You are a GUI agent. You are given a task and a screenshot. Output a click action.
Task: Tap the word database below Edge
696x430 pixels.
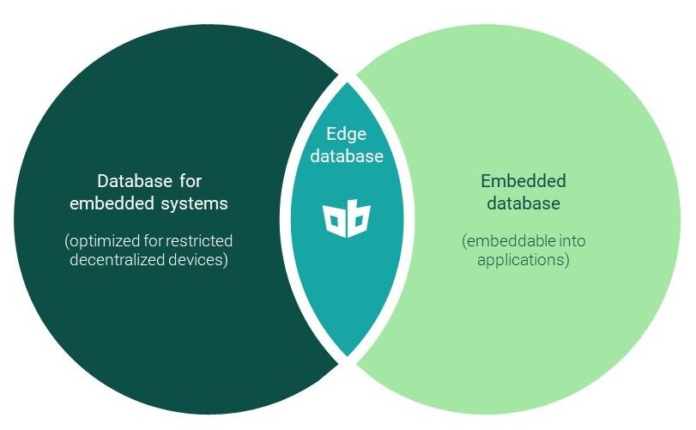[x=346, y=156]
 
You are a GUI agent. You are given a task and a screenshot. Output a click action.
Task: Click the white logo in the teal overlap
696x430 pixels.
[x=347, y=221]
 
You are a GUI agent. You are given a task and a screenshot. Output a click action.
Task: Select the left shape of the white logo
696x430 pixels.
[x=336, y=221]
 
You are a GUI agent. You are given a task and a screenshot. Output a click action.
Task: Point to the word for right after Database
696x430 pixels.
[x=188, y=182]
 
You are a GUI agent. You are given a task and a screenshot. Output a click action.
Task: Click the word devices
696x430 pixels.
[x=200, y=260]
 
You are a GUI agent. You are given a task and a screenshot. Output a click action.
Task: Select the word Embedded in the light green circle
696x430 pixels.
[x=524, y=182]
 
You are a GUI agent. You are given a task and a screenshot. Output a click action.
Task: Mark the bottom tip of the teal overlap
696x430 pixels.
[x=348, y=355]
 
